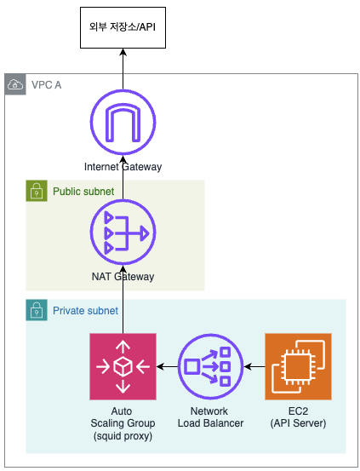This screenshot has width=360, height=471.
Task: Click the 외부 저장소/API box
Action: tap(123, 27)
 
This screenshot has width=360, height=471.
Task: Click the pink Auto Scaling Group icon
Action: tap(123, 366)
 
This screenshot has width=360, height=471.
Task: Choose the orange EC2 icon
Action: tap(298, 366)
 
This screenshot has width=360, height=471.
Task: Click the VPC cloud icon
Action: tap(15, 84)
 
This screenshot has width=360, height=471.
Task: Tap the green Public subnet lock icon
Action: tap(37, 191)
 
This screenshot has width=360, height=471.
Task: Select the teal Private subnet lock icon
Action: tap(37, 310)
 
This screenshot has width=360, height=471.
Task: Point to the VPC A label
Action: tap(47, 85)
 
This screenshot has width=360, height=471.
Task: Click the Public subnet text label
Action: tap(83, 192)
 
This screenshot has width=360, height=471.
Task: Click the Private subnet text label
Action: tap(86, 311)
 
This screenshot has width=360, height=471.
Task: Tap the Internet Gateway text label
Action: tap(123, 167)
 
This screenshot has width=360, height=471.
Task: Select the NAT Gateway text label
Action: tap(123, 276)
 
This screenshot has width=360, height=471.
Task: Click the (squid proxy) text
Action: tap(123, 435)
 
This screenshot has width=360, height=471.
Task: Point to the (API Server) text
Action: tap(298, 423)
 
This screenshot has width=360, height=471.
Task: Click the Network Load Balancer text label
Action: tap(210, 417)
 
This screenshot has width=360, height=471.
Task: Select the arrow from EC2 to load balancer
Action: tap(254, 366)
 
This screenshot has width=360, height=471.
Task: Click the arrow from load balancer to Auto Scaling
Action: tap(167, 366)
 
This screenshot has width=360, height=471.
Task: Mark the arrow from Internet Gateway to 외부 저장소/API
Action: tap(123, 69)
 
